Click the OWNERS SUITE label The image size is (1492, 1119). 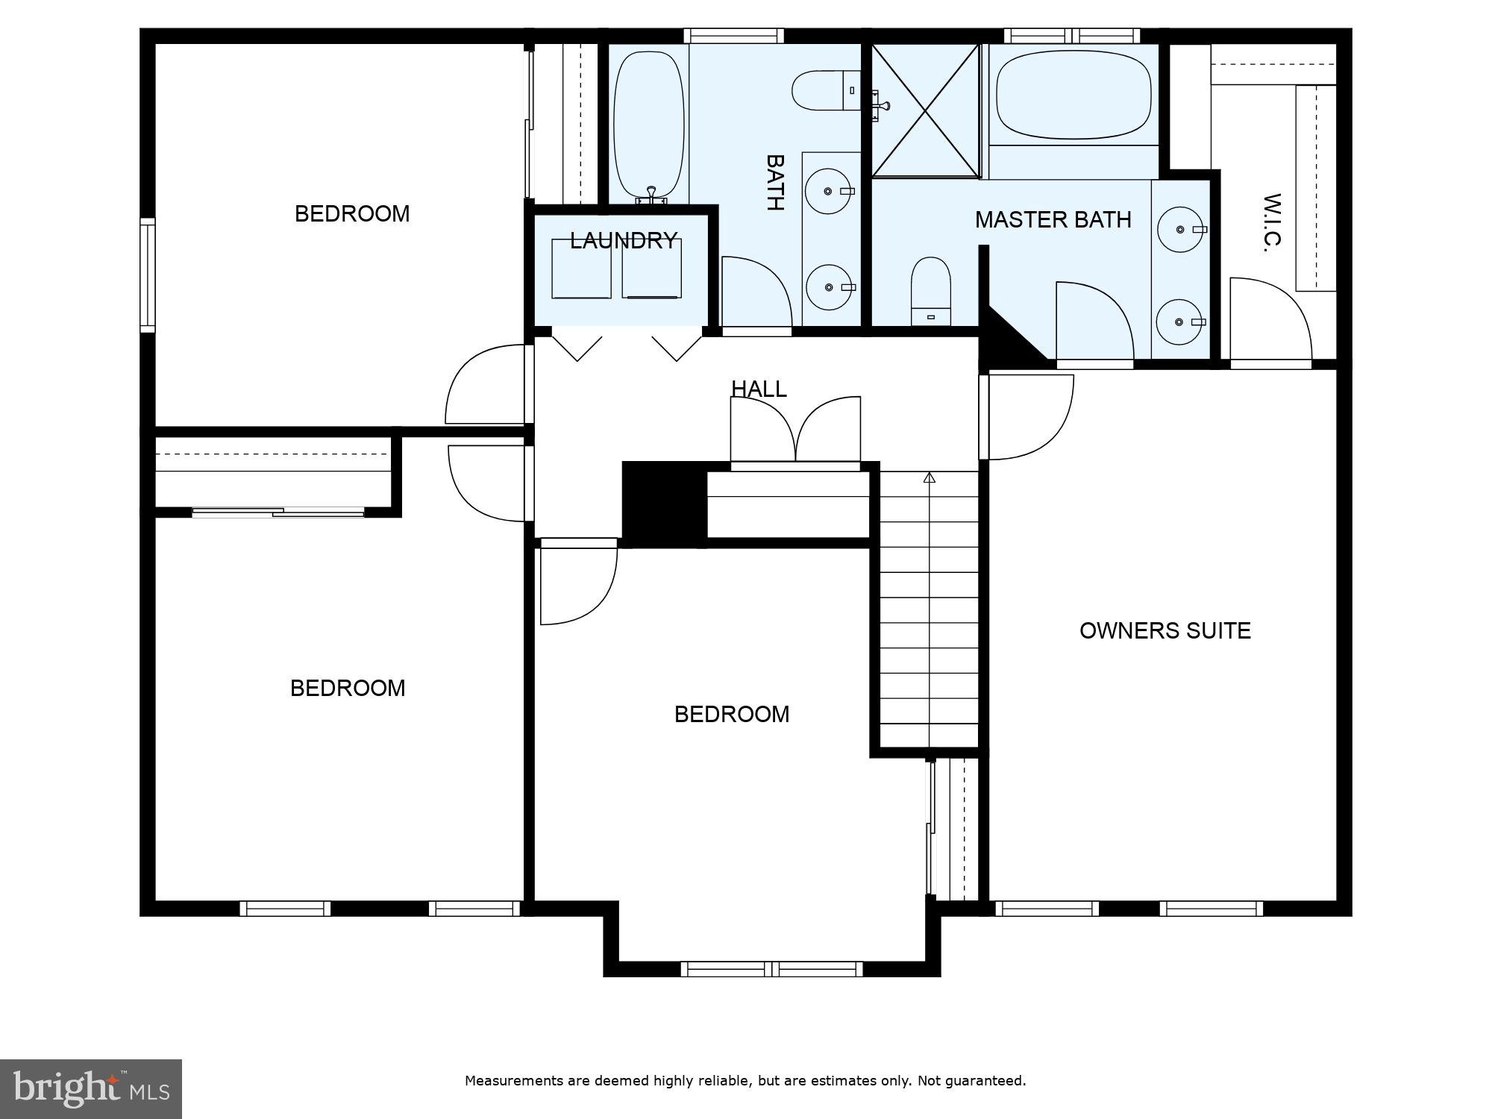(x=1165, y=630)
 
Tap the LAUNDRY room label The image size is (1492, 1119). (x=624, y=240)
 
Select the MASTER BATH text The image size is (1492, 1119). (x=1053, y=219)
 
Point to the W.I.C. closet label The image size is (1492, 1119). (x=1271, y=223)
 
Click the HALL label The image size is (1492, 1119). (x=759, y=389)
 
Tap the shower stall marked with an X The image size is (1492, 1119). (x=925, y=110)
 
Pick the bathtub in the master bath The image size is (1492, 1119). (x=1073, y=95)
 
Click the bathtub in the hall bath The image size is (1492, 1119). (x=648, y=124)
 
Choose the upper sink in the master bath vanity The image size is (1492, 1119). (x=1180, y=230)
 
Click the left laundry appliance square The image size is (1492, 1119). (x=581, y=269)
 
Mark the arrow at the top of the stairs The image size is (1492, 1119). (x=929, y=478)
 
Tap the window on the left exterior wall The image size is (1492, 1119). (x=148, y=275)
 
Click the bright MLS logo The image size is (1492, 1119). (x=90, y=1088)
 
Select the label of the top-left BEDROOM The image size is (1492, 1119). (x=352, y=214)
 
